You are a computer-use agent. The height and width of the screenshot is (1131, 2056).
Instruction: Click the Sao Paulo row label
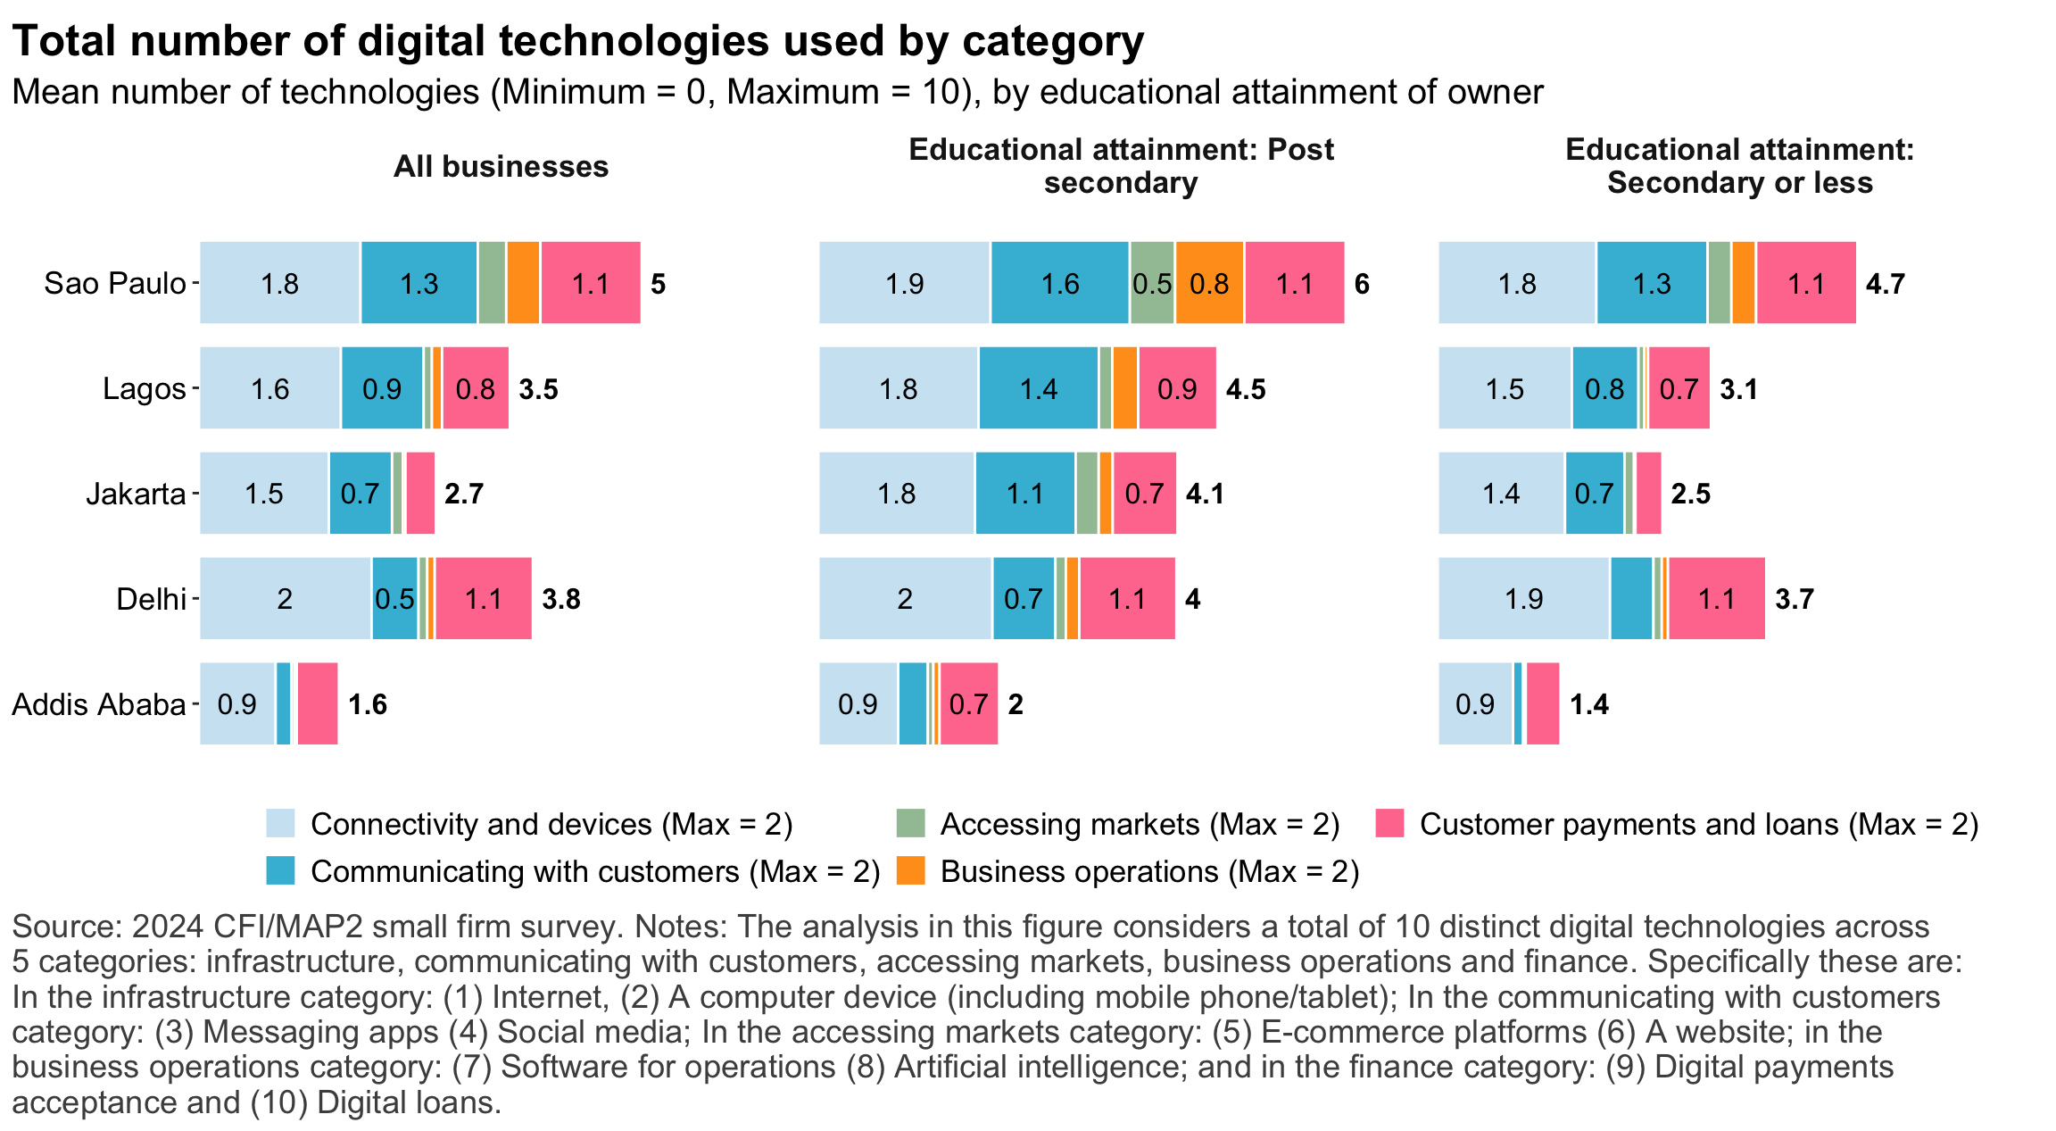coord(115,284)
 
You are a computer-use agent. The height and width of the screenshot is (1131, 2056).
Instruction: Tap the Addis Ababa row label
coord(98,704)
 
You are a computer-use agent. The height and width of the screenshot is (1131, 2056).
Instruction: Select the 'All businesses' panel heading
coord(501,167)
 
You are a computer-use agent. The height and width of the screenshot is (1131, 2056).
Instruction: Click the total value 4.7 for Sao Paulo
coord(1885,284)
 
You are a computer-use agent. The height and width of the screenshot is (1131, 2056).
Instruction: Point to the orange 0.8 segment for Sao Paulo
coord(1209,284)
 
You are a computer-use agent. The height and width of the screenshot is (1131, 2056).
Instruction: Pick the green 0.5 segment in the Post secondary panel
coord(1152,284)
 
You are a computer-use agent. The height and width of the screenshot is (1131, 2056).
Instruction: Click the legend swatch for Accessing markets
coord(910,823)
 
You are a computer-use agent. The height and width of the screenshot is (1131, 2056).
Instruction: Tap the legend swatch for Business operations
coord(910,870)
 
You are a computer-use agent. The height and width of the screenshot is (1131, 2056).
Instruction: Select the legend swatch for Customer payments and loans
coord(1390,823)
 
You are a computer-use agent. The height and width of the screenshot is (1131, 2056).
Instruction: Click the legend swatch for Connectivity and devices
coord(280,823)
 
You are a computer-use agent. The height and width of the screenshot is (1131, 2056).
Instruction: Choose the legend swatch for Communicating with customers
coord(280,870)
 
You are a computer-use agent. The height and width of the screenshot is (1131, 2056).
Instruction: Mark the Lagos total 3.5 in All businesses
coord(538,389)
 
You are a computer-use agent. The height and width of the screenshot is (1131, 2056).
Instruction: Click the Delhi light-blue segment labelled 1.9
coord(1523,599)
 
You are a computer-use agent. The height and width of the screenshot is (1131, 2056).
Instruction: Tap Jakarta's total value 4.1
coord(1205,494)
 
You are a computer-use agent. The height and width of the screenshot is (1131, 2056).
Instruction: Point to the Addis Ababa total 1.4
coord(1588,704)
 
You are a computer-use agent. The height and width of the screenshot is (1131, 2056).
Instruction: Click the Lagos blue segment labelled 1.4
coord(1038,389)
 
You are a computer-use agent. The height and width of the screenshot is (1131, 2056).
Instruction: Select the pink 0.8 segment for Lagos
coord(476,389)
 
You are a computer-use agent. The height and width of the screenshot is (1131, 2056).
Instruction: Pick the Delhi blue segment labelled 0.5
coord(394,599)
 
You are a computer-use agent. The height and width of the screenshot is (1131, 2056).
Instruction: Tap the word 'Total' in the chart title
coord(64,42)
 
